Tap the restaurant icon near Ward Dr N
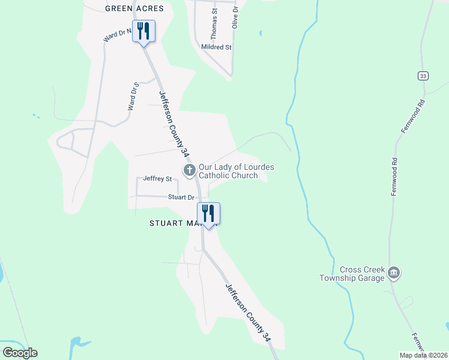coord(143,31)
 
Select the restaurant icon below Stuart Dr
coord(208,213)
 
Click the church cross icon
coord(189,171)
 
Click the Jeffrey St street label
coord(157,179)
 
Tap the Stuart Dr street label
coord(181,197)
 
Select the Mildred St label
coord(217,47)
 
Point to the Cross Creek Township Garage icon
coord(394,274)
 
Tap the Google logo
coord(20,353)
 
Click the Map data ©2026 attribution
coord(423,355)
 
